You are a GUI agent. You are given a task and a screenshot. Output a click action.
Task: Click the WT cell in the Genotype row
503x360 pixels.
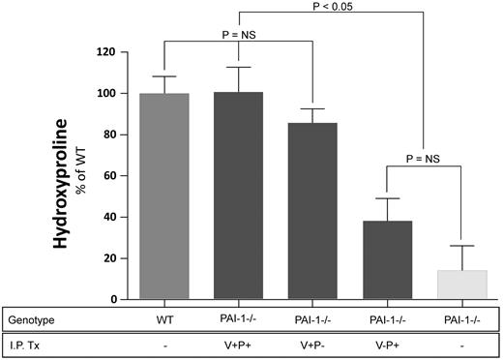click(x=164, y=318)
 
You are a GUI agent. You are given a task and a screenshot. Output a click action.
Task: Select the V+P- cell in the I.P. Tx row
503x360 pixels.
click(x=311, y=344)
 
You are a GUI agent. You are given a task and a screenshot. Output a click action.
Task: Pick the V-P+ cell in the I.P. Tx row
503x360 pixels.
click(x=386, y=344)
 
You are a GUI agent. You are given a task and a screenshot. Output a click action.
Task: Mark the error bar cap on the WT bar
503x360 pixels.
click(x=164, y=76)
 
